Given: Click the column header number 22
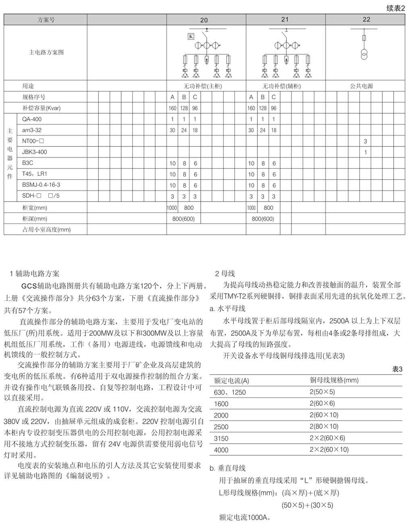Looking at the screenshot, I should tap(366, 19).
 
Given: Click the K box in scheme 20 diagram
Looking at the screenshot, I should tap(191, 37).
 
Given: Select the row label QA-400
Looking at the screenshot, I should tap(32, 119).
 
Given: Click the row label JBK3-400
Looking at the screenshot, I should tap(34, 152).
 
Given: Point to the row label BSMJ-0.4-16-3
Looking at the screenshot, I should tap(41, 185).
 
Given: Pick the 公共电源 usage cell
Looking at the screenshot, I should tap(361, 86).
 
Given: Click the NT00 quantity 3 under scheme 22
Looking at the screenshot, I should tap(365, 142).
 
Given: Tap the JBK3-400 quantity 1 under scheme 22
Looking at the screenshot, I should tap(365, 152).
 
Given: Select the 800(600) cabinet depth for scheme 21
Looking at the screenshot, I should tap(263, 219).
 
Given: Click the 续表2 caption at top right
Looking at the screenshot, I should tap(395, 8).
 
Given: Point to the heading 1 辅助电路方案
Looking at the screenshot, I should tap(34, 274).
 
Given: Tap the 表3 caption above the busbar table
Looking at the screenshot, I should tap(397, 369).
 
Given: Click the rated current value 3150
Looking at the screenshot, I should tap(221, 438).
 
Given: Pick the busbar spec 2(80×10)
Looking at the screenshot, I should tap(324, 427).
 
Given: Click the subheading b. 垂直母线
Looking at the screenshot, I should tap(228, 468).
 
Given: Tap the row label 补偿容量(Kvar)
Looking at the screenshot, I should tap(41, 108).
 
